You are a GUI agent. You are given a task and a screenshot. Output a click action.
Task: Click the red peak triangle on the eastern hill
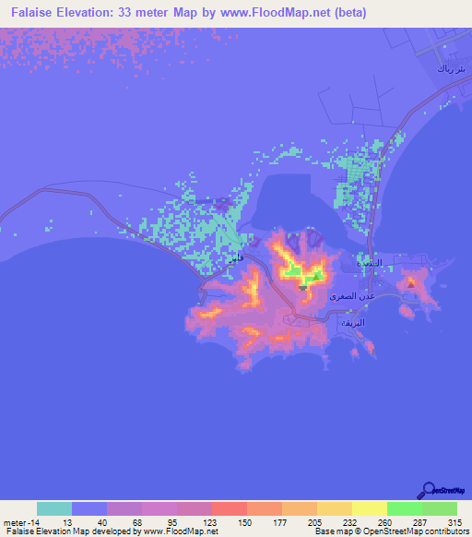(x=410, y=284)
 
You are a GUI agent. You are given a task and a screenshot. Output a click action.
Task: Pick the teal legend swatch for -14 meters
(x=54, y=508)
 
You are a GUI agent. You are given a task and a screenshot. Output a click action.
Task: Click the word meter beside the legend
(x=16, y=522)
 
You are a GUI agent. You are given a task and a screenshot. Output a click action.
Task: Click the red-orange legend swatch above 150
(x=230, y=508)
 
